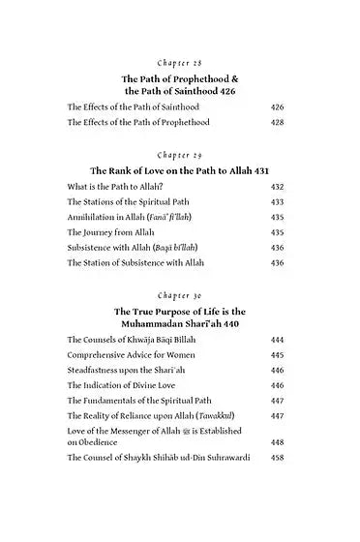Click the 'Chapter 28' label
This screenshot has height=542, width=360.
(x=181, y=59)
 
